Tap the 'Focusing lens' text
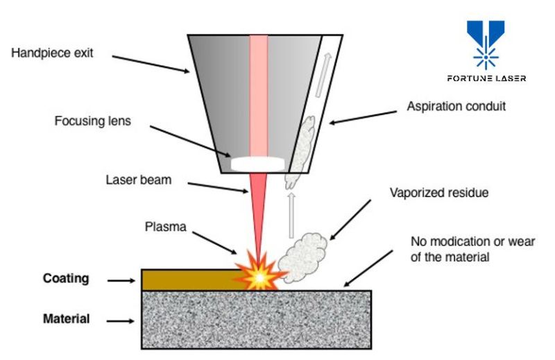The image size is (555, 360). click(x=93, y=121)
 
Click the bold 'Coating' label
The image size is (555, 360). click(x=66, y=278)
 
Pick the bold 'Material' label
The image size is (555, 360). click(x=66, y=319)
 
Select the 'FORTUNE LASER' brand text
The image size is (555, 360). click(x=486, y=78)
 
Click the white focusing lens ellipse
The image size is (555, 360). click(x=258, y=164)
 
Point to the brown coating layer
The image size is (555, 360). click(x=187, y=280)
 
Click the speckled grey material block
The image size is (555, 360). click(x=257, y=318)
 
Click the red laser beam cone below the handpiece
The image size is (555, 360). click(x=258, y=208)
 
